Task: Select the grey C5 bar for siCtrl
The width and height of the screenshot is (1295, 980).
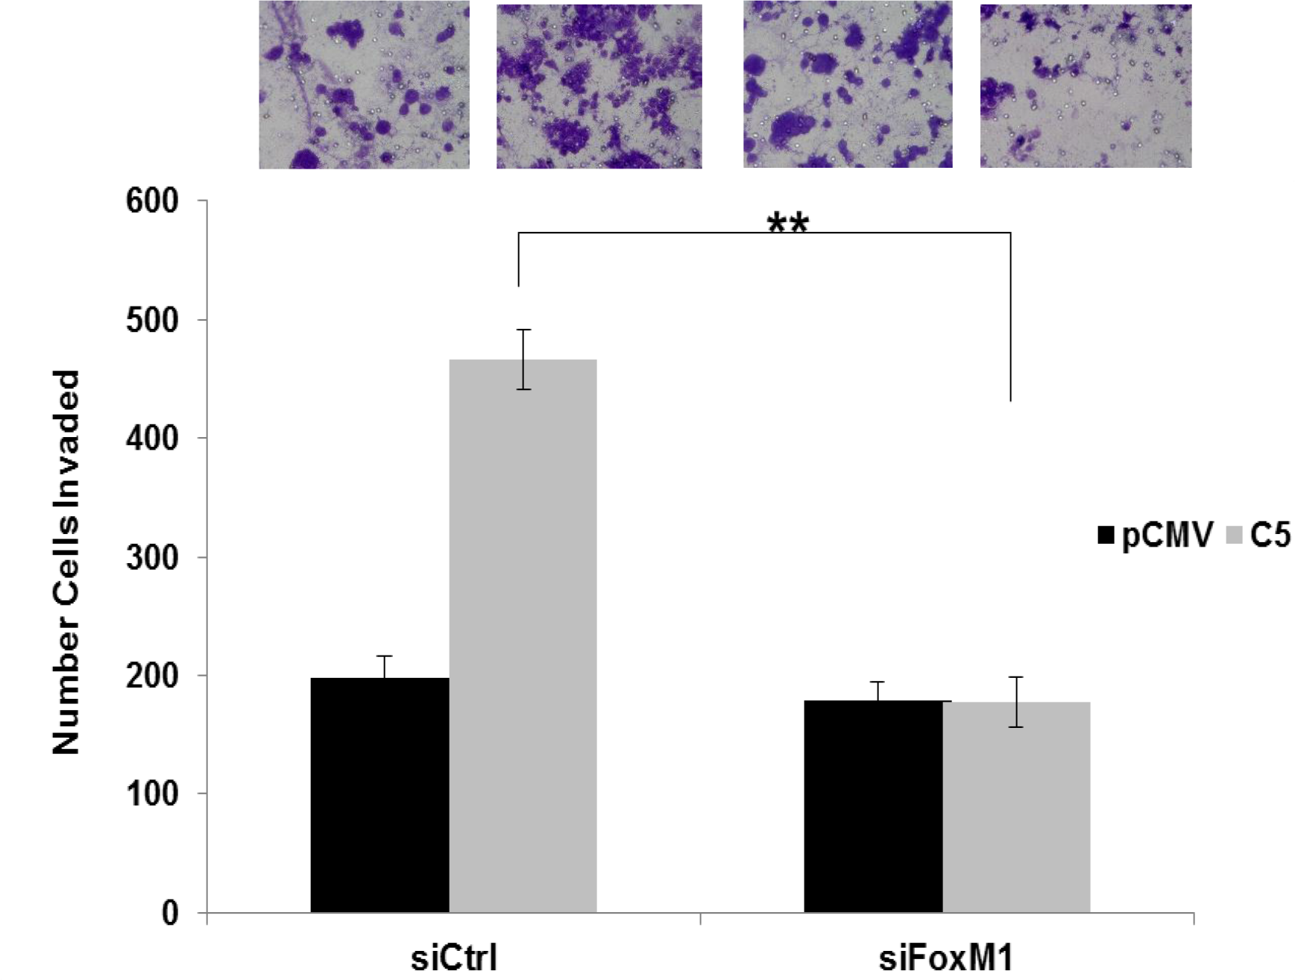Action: [x=523, y=635]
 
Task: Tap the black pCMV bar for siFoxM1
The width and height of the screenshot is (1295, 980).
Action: [x=873, y=806]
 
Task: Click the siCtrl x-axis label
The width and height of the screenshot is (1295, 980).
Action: [x=453, y=958]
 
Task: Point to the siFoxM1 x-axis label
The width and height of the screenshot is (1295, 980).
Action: [x=946, y=958]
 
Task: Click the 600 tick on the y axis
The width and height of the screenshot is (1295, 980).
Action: [x=152, y=201]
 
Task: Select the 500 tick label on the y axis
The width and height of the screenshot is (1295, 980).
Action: [x=152, y=320]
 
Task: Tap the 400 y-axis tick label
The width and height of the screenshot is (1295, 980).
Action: [x=152, y=439]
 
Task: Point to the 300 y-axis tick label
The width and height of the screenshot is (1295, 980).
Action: [x=152, y=557]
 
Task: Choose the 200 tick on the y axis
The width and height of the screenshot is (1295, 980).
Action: [x=152, y=676]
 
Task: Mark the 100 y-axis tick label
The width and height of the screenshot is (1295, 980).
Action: [x=152, y=794]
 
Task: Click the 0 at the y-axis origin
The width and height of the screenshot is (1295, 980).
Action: [x=170, y=913]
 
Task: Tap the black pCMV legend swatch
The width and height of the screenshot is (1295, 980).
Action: [x=1106, y=535]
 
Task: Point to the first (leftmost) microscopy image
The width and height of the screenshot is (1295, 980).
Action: [x=364, y=85]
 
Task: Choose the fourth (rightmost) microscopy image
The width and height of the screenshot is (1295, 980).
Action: [x=1086, y=85]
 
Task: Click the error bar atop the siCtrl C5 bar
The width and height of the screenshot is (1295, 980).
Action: [x=524, y=359]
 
